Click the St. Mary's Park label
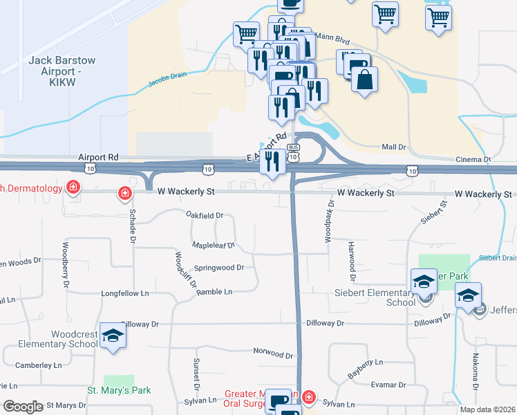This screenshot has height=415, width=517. pos(119,390)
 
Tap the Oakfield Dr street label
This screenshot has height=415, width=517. pos(205,215)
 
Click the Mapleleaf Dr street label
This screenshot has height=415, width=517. pos(213,245)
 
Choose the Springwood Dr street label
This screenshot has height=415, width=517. pos(219,268)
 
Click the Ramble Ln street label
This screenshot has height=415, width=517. pos(214,292)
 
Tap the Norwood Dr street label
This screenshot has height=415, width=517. pos(274,353)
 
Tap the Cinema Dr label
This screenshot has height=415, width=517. pos(473,160)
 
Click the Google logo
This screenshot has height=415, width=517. pos(23,406)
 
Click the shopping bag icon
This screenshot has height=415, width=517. pos(364,79)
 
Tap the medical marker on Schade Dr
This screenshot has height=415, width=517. pos(124,193)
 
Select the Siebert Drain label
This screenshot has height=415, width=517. pos(498,257)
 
